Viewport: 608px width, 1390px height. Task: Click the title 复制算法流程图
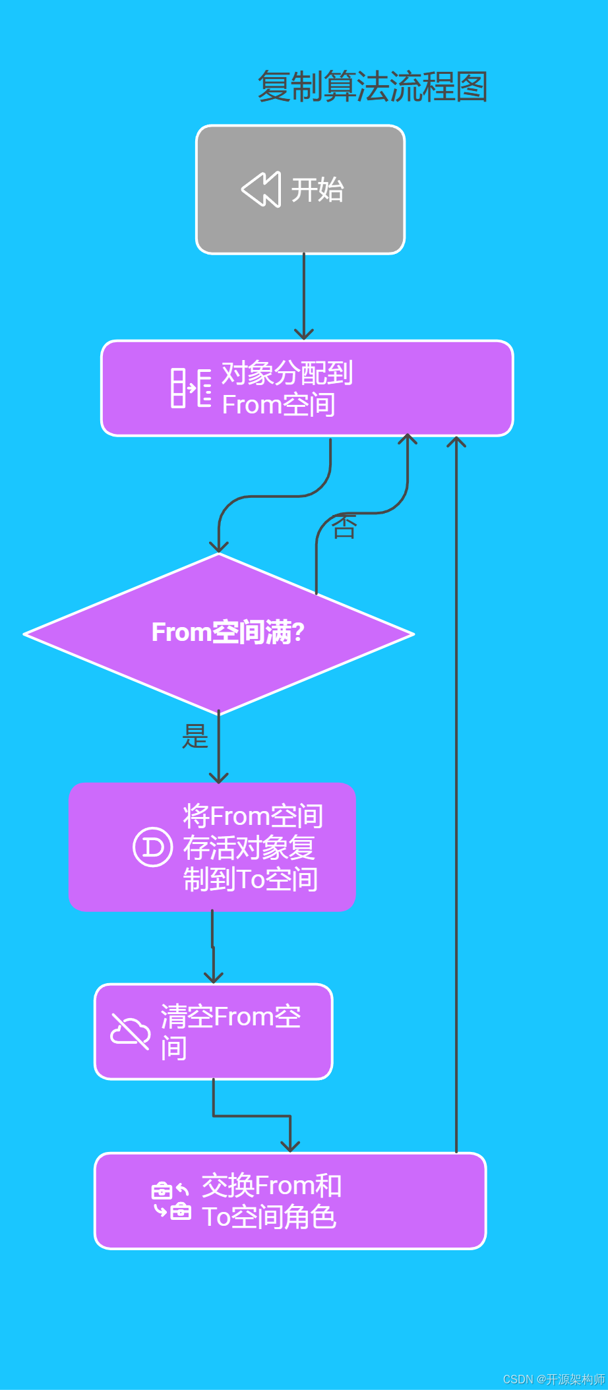[372, 86]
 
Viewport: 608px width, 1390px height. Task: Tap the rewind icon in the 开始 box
[261, 189]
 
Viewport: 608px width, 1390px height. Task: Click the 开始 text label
[317, 190]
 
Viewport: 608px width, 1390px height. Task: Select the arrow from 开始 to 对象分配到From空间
[304, 297]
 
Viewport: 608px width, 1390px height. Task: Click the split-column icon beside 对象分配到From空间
[191, 388]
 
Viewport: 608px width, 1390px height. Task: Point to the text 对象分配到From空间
[286, 388]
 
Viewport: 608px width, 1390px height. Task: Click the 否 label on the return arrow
[344, 527]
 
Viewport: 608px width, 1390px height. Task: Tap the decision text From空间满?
[228, 632]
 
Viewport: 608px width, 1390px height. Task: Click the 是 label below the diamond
[195, 736]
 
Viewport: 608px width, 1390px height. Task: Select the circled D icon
[153, 847]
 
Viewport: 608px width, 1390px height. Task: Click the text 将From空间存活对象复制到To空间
[252, 847]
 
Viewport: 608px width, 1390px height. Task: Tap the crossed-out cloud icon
[130, 1031]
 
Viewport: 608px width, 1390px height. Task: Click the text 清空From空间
[230, 1032]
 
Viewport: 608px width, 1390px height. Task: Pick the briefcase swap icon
[171, 1201]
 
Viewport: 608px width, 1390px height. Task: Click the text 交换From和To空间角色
[271, 1201]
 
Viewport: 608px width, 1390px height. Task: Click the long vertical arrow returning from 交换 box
[456, 791]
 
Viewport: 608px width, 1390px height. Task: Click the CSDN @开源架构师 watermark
[553, 1379]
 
